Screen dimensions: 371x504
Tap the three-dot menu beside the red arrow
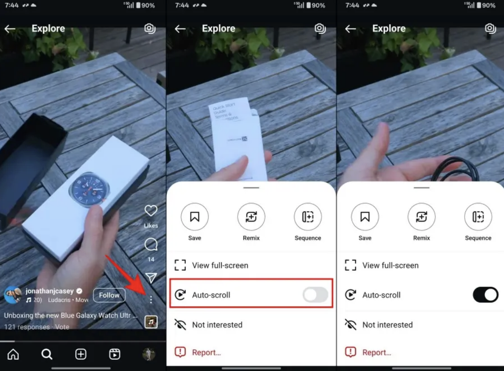151,299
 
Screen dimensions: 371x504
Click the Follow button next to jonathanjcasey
109,295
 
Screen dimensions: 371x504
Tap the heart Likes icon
151,211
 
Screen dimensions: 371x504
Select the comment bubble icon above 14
151,245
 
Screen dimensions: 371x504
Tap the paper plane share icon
151,278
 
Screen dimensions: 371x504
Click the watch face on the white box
89,189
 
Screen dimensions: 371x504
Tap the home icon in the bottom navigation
13,354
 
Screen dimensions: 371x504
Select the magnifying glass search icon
47,354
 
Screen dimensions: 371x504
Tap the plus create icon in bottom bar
81,354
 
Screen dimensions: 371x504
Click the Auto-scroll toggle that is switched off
315,295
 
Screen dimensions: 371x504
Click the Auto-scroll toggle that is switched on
485,295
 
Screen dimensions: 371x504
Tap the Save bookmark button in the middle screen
195,217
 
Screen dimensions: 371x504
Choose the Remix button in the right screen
421,217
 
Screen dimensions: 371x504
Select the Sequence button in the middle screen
308,217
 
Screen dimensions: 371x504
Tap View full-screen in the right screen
390,265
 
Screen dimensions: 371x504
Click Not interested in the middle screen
217,325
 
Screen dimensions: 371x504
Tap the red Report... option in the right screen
376,352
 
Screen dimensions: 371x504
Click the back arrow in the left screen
10,29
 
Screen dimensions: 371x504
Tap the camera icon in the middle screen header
320,28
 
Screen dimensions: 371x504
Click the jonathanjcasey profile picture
13,295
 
